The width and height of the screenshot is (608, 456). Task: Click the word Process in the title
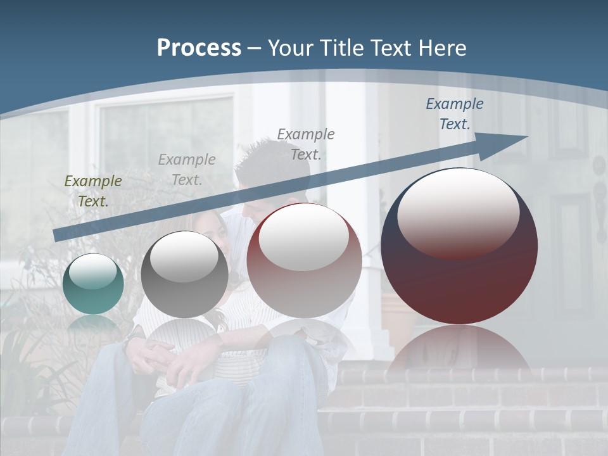tap(199, 48)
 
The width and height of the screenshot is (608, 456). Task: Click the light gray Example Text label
tap(187, 170)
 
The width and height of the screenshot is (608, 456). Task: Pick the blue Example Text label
tap(454, 114)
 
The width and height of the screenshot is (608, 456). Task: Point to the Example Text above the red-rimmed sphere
tap(306, 144)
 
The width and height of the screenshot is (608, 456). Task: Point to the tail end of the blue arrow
tap(58, 235)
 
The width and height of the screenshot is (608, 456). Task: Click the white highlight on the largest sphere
tap(458, 212)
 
